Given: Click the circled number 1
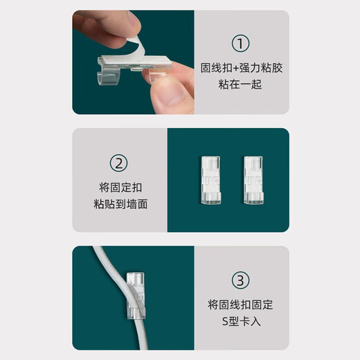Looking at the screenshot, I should coord(240,44).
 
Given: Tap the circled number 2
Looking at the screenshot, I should coord(120,164).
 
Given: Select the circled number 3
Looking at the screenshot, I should coord(240,281).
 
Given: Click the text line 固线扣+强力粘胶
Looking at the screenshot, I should coord(240,69).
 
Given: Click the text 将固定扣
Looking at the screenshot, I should coord(120,187).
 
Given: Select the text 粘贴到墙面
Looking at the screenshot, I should coord(120,205).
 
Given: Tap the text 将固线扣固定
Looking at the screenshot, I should coord(240,305).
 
